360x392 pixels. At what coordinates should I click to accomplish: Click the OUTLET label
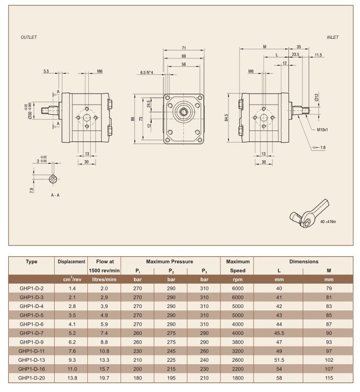(28, 37)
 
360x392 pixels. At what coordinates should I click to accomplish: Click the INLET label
(333, 37)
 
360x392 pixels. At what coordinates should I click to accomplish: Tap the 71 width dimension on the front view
(184, 48)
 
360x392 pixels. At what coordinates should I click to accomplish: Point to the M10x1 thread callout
(322, 130)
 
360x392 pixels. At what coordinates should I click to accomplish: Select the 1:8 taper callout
(323, 147)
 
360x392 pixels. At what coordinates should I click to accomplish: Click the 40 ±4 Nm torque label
(328, 222)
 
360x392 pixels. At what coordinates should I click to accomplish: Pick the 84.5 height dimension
(227, 118)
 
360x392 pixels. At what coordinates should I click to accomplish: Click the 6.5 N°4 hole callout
(146, 72)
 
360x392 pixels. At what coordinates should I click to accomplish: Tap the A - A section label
(55, 195)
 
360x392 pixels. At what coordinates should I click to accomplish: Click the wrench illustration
(309, 214)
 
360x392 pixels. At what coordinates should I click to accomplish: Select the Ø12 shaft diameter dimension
(317, 97)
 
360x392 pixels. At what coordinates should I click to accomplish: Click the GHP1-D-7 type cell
(32, 333)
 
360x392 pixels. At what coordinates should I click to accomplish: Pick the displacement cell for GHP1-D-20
(72, 378)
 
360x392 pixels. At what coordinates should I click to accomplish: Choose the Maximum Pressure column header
(169, 261)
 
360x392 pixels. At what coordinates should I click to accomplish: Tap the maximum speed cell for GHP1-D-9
(238, 342)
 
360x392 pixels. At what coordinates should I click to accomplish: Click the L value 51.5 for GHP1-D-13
(279, 360)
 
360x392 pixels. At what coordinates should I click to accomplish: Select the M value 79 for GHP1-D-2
(329, 288)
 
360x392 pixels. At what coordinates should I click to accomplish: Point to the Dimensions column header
(304, 261)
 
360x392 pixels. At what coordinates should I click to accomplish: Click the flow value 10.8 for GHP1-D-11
(104, 351)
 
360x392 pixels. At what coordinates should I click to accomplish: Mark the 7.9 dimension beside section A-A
(32, 190)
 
